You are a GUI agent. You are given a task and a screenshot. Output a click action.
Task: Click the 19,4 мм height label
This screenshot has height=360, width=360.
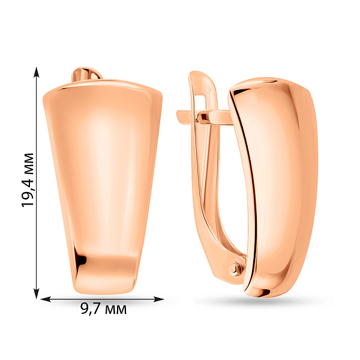(x=28, y=180)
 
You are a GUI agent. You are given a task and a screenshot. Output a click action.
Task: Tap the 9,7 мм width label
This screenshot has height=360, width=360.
(x=104, y=309)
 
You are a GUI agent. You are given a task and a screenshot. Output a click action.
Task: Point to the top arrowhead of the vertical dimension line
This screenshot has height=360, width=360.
(x=36, y=72)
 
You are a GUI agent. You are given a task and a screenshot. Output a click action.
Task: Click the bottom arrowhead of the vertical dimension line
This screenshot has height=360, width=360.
(x=36, y=293)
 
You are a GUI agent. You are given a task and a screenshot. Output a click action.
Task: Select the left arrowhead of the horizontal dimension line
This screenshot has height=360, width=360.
(x=46, y=299)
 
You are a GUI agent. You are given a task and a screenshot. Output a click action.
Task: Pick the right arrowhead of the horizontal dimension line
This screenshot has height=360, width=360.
(x=158, y=299)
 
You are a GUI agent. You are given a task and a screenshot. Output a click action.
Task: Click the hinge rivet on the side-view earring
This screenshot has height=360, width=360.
(x=235, y=268)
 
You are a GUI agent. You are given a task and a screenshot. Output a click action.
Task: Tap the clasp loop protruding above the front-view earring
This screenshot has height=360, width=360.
(x=86, y=74)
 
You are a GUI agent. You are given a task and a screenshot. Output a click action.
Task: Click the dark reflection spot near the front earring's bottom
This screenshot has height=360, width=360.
(x=82, y=260)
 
